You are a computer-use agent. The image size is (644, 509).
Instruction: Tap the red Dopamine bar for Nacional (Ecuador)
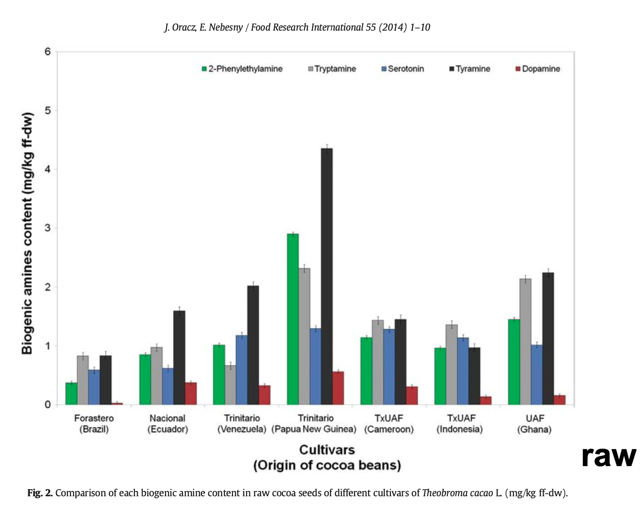190,394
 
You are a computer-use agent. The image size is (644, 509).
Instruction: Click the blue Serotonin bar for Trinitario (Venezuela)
241,370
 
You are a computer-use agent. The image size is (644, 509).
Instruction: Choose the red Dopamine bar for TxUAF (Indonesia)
486,401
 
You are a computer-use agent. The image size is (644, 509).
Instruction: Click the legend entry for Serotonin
403,69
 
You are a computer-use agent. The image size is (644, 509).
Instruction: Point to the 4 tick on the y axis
48,169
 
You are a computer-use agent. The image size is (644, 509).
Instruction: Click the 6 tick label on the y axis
48,51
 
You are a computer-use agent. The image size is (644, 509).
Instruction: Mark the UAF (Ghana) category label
534,424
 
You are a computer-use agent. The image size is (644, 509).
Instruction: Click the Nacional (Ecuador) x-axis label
167,424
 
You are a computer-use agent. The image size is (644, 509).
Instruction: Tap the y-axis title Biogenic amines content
28,233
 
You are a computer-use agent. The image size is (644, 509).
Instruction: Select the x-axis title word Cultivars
327,450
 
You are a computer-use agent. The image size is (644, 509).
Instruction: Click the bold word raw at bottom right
608,456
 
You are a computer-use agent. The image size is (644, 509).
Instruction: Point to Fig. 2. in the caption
40,493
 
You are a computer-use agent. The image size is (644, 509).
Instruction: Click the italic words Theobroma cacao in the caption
457,493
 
